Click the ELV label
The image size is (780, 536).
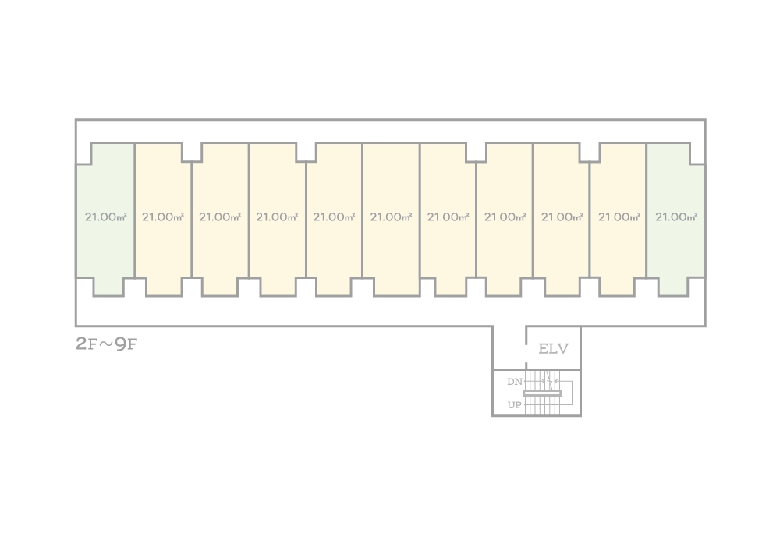point(554,349)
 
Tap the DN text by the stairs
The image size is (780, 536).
point(514,382)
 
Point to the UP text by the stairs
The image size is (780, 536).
point(514,405)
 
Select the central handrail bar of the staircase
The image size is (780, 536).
point(542,393)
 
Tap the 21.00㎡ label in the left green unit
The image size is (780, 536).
point(105,217)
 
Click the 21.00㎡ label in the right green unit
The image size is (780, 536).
point(676,217)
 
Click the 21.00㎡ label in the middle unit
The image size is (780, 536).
point(391,217)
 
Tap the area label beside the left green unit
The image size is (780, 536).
point(163,217)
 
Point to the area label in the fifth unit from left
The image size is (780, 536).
point(334,217)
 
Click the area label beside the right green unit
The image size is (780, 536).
point(619,217)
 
